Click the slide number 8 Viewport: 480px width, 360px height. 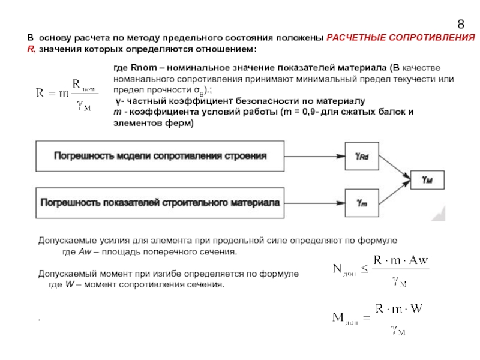(x=461, y=25)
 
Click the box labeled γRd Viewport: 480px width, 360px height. (x=362, y=156)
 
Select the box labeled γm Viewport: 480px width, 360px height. (x=362, y=203)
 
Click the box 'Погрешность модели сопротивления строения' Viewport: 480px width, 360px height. (x=160, y=156)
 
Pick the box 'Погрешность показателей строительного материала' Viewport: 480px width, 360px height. (x=160, y=203)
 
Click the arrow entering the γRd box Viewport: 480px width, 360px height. (x=315, y=156)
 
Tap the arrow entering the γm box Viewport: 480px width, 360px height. (x=315, y=203)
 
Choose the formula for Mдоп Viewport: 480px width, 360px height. (x=379, y=319)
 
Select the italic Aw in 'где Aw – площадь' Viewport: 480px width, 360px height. (x=85, y=251)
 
